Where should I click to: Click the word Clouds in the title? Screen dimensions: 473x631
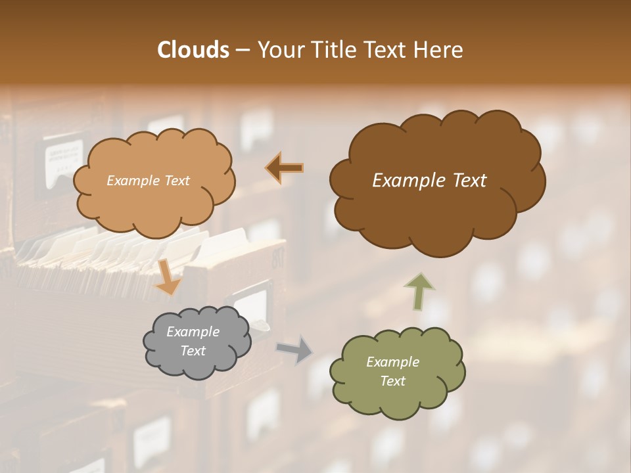(193, 50)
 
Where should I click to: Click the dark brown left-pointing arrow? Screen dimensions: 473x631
(285, 168)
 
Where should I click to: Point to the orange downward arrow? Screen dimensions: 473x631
(168, 277)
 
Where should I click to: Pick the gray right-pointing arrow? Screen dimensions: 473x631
(294, 349)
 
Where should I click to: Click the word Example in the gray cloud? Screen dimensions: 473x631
(193, 332)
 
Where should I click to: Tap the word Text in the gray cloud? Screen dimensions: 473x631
(193, 351)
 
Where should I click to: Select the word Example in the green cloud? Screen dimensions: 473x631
(392, 362)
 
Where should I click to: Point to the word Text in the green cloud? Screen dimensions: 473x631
(392, 381)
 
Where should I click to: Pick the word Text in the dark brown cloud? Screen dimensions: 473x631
(469, 181)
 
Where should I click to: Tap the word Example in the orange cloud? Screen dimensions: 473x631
(133, 181)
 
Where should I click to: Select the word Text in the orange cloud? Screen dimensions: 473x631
(177, 181)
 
